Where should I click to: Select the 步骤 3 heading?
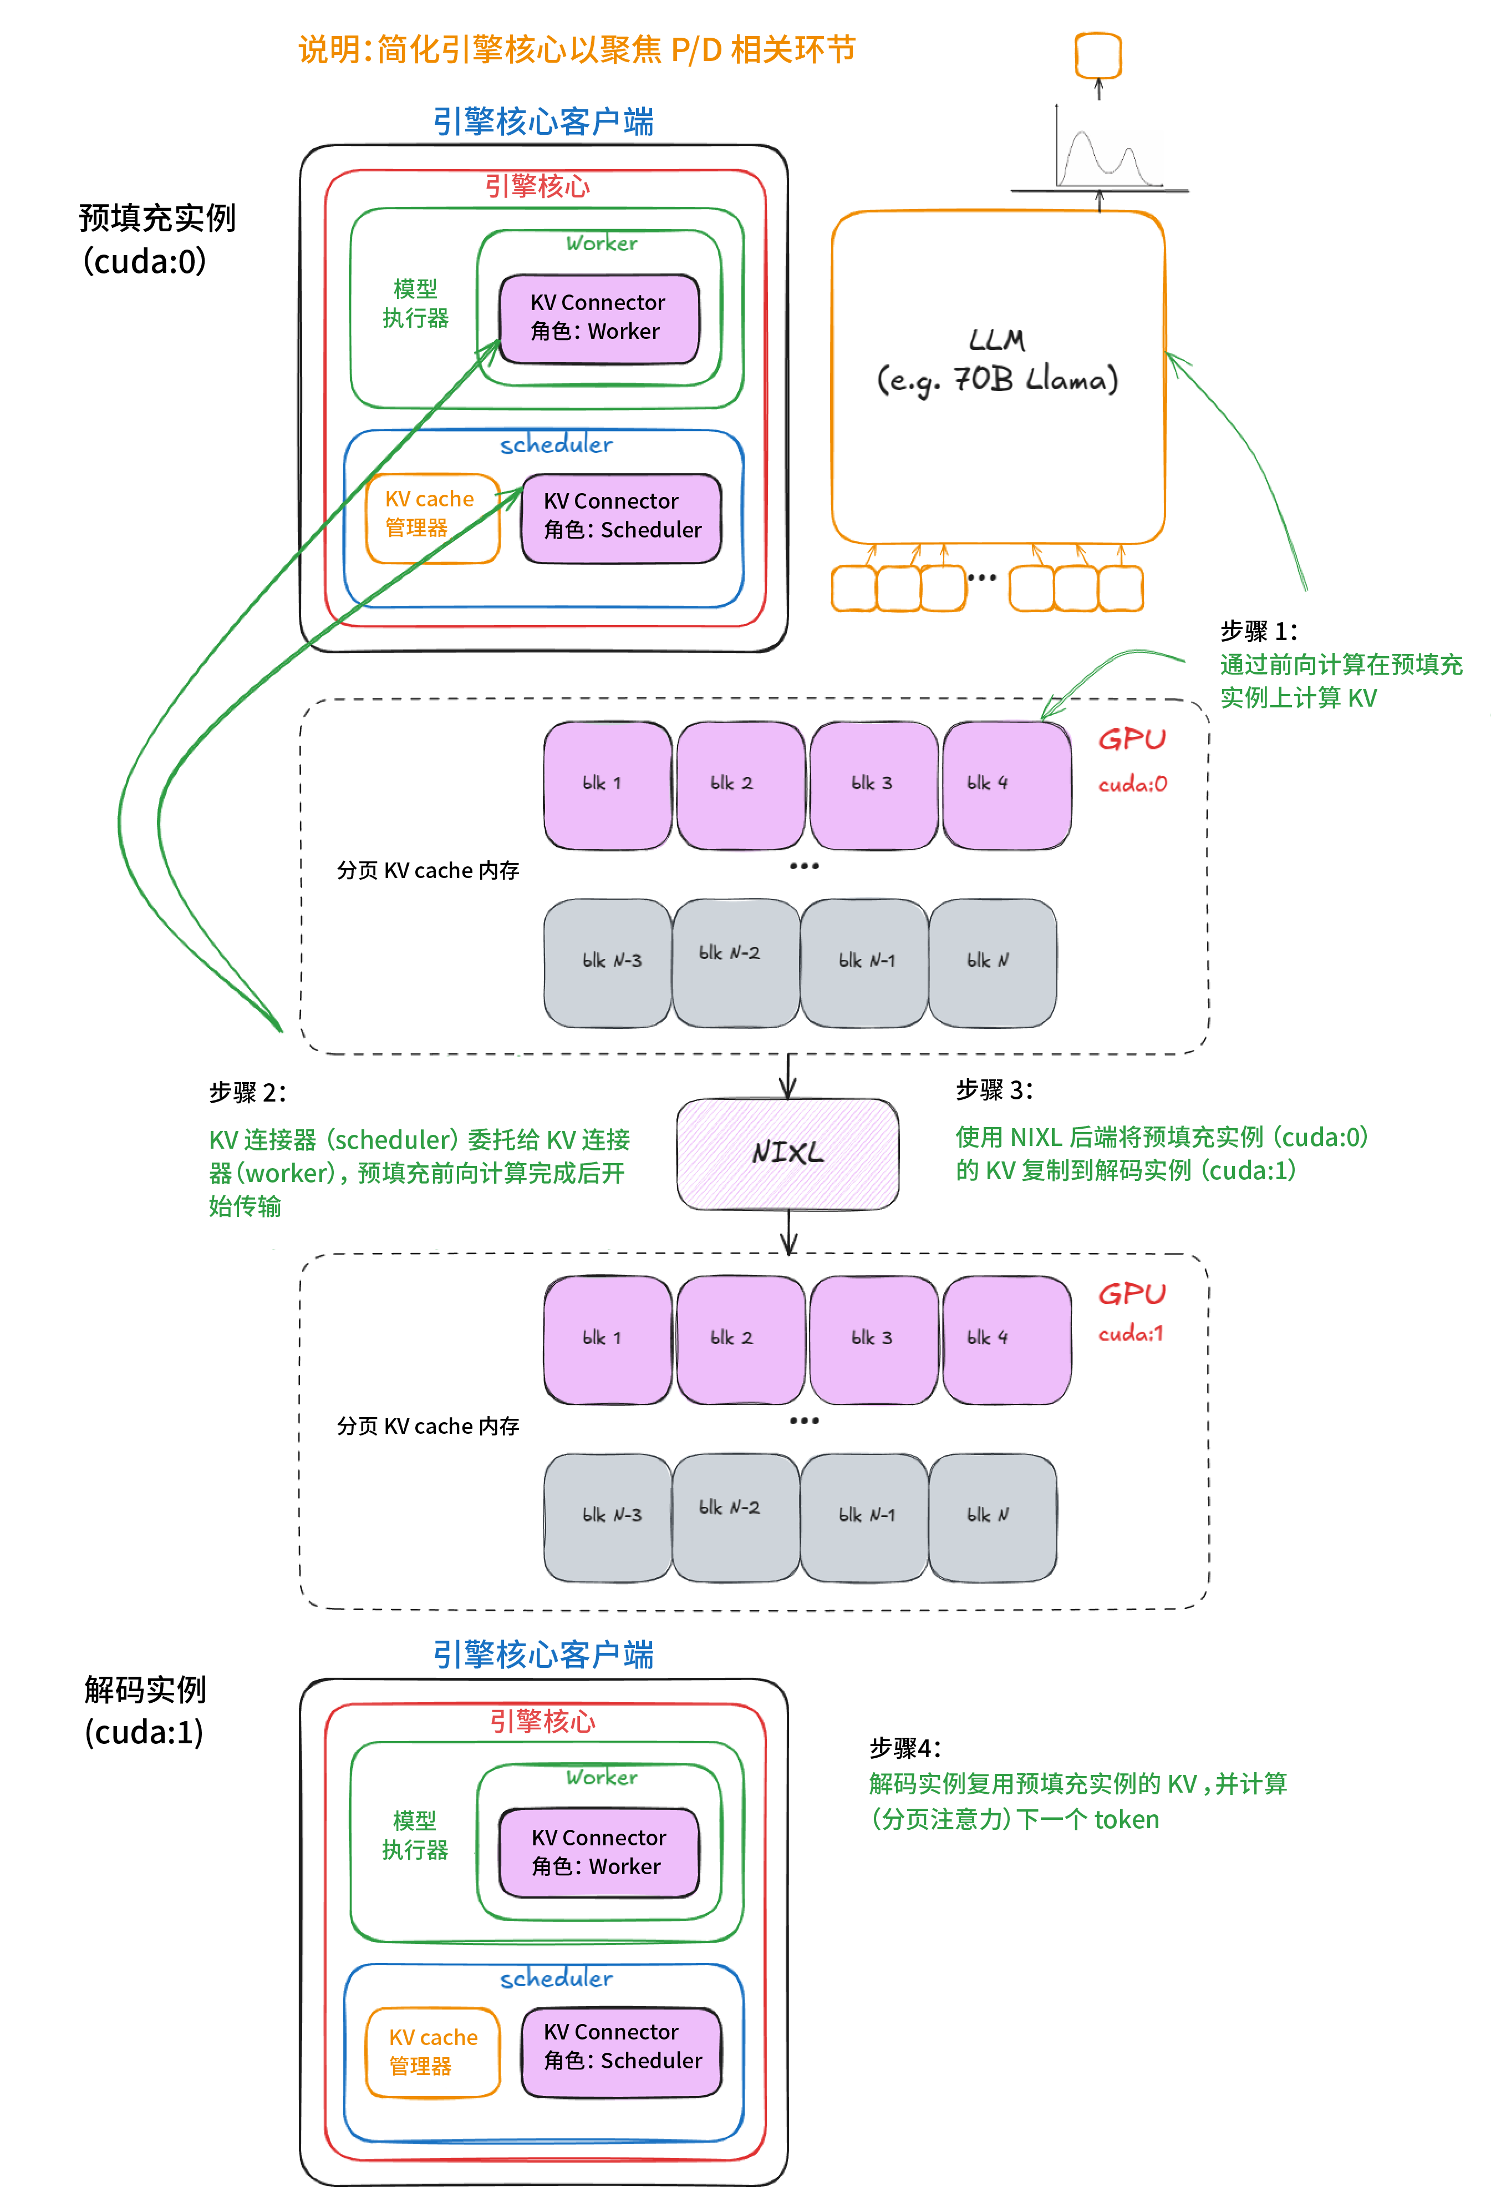(x=994, y=1090)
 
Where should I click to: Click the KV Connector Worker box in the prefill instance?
(x=598, y=318)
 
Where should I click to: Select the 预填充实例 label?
(x=157, y=219)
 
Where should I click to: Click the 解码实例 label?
(x=145, y=1689)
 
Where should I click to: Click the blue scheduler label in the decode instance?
(x=556, y=1978)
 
